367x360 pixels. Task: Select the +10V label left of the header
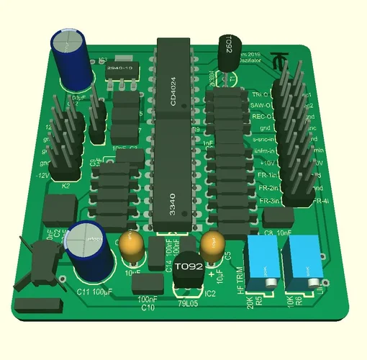tap(266, 163)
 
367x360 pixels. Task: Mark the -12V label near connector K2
tap(42, 176)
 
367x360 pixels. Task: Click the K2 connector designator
tap(65, 186)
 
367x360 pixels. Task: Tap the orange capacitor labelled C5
tap(212, 244)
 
